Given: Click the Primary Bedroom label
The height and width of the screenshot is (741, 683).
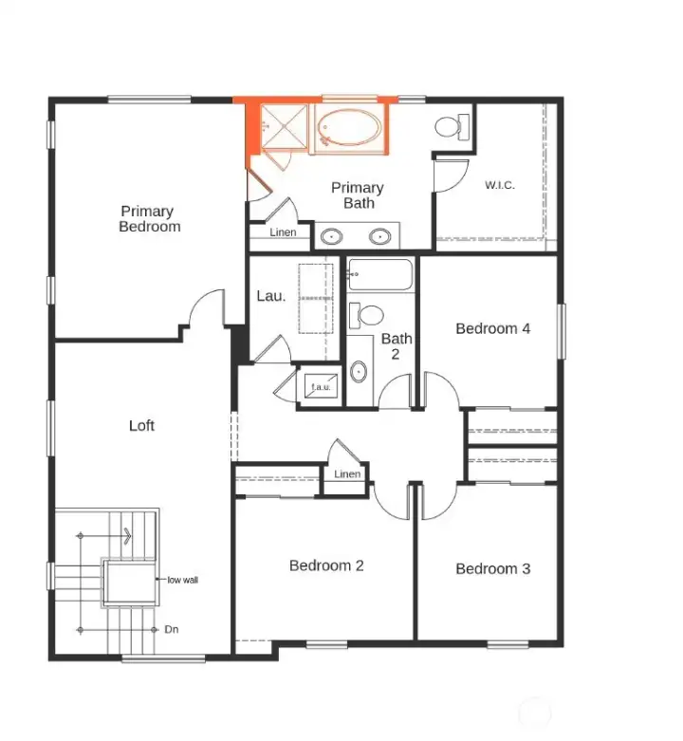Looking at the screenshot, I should pos(150,219).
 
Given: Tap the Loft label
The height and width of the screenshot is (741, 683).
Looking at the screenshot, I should pos(141,426).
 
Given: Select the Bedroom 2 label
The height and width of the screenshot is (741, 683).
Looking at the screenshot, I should pos(326,565).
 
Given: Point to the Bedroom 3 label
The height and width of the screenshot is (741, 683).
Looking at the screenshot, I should pos(492,568).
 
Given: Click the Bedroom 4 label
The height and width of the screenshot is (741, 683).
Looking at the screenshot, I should pos(492,328).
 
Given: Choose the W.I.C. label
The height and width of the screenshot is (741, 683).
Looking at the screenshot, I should pos(500,185).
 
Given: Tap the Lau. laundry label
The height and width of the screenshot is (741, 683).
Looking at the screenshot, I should pos(270,296).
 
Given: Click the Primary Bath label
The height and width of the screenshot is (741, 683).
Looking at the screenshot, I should pos(358,195).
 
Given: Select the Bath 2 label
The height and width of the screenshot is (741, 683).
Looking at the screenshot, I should pos(396,345).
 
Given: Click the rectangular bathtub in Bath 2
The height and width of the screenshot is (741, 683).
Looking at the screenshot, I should pos(380,275).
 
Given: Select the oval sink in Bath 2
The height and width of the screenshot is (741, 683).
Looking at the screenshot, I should pos(360,371).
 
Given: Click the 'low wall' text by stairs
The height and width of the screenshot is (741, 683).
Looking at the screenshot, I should pos(183,580).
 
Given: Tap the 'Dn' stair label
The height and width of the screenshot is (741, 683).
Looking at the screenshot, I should pos(171,629).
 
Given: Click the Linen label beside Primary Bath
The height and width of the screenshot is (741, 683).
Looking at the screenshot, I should pos(283,232).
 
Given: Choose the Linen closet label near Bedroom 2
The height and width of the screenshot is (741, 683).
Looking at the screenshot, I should pos(347,474).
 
